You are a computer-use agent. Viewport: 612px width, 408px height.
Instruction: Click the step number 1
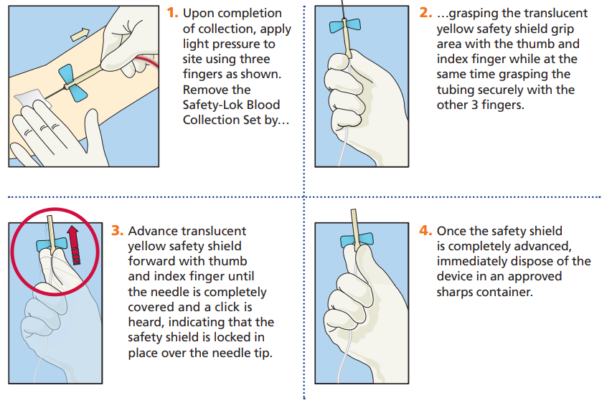point(171,14)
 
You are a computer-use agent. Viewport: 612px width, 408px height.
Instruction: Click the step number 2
point(425,14)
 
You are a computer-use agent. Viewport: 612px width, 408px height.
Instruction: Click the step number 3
point(118,232)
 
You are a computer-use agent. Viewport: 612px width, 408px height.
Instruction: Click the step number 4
point(425,231)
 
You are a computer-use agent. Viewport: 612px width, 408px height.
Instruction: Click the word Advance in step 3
point(152,232)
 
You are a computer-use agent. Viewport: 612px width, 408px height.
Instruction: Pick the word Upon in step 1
point(197,14)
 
